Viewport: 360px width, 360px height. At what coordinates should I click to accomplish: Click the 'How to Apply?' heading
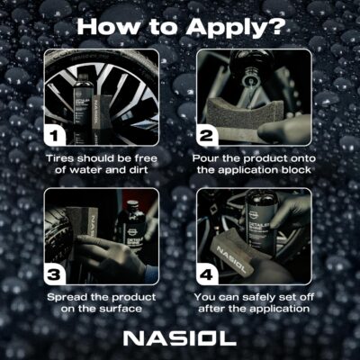click(180, 24)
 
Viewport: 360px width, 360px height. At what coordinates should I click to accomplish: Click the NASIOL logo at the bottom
click(180, 338)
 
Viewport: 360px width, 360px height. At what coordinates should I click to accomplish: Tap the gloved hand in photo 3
click(117, 261)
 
